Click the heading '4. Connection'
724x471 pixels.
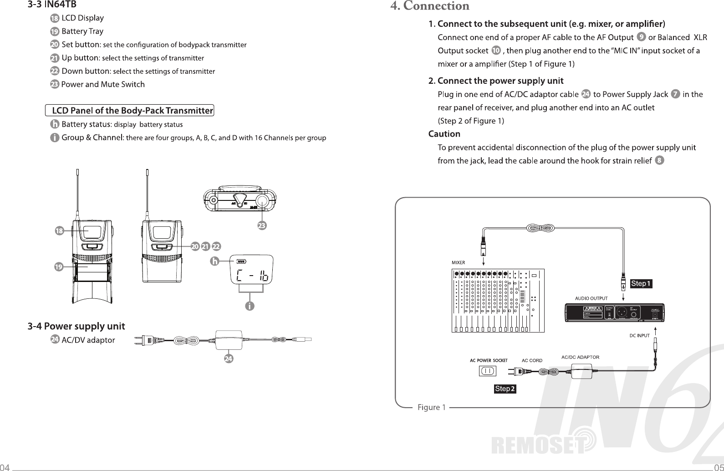430,6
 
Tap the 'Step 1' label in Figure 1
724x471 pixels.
641,284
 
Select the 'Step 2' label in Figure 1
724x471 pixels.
505,389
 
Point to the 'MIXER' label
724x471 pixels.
458,263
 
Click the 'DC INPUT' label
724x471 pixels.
639,336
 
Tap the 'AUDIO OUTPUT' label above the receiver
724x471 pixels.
591,298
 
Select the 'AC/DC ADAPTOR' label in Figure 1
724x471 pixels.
580,357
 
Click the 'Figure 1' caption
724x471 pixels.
431,407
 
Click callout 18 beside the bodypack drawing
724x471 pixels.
59,231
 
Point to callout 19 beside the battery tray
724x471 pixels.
59,267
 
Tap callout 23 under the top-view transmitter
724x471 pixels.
262,225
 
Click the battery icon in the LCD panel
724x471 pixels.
241,261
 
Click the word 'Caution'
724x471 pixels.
444,134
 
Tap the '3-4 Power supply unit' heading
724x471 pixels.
76,326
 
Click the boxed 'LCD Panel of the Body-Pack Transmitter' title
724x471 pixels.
130,111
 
